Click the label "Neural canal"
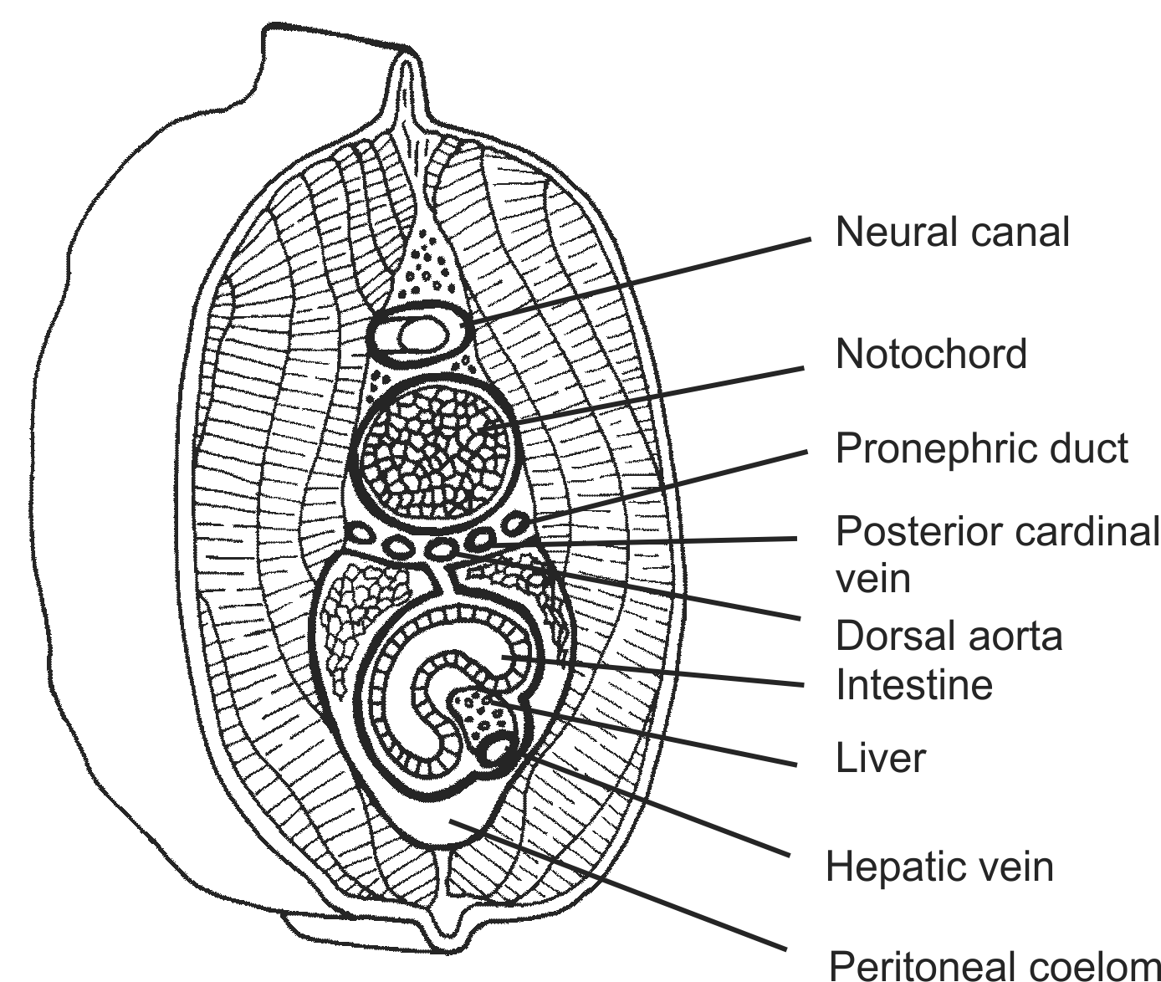tap(952, 232)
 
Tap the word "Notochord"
tap(931, 355)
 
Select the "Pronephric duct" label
tap(982, 448)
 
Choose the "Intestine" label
tap(914, 685)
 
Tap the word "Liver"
tap(881, 758)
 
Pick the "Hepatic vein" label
tap(939, 867)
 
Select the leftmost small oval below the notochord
tap(361, 530)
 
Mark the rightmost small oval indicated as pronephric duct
tap(514, 525)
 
